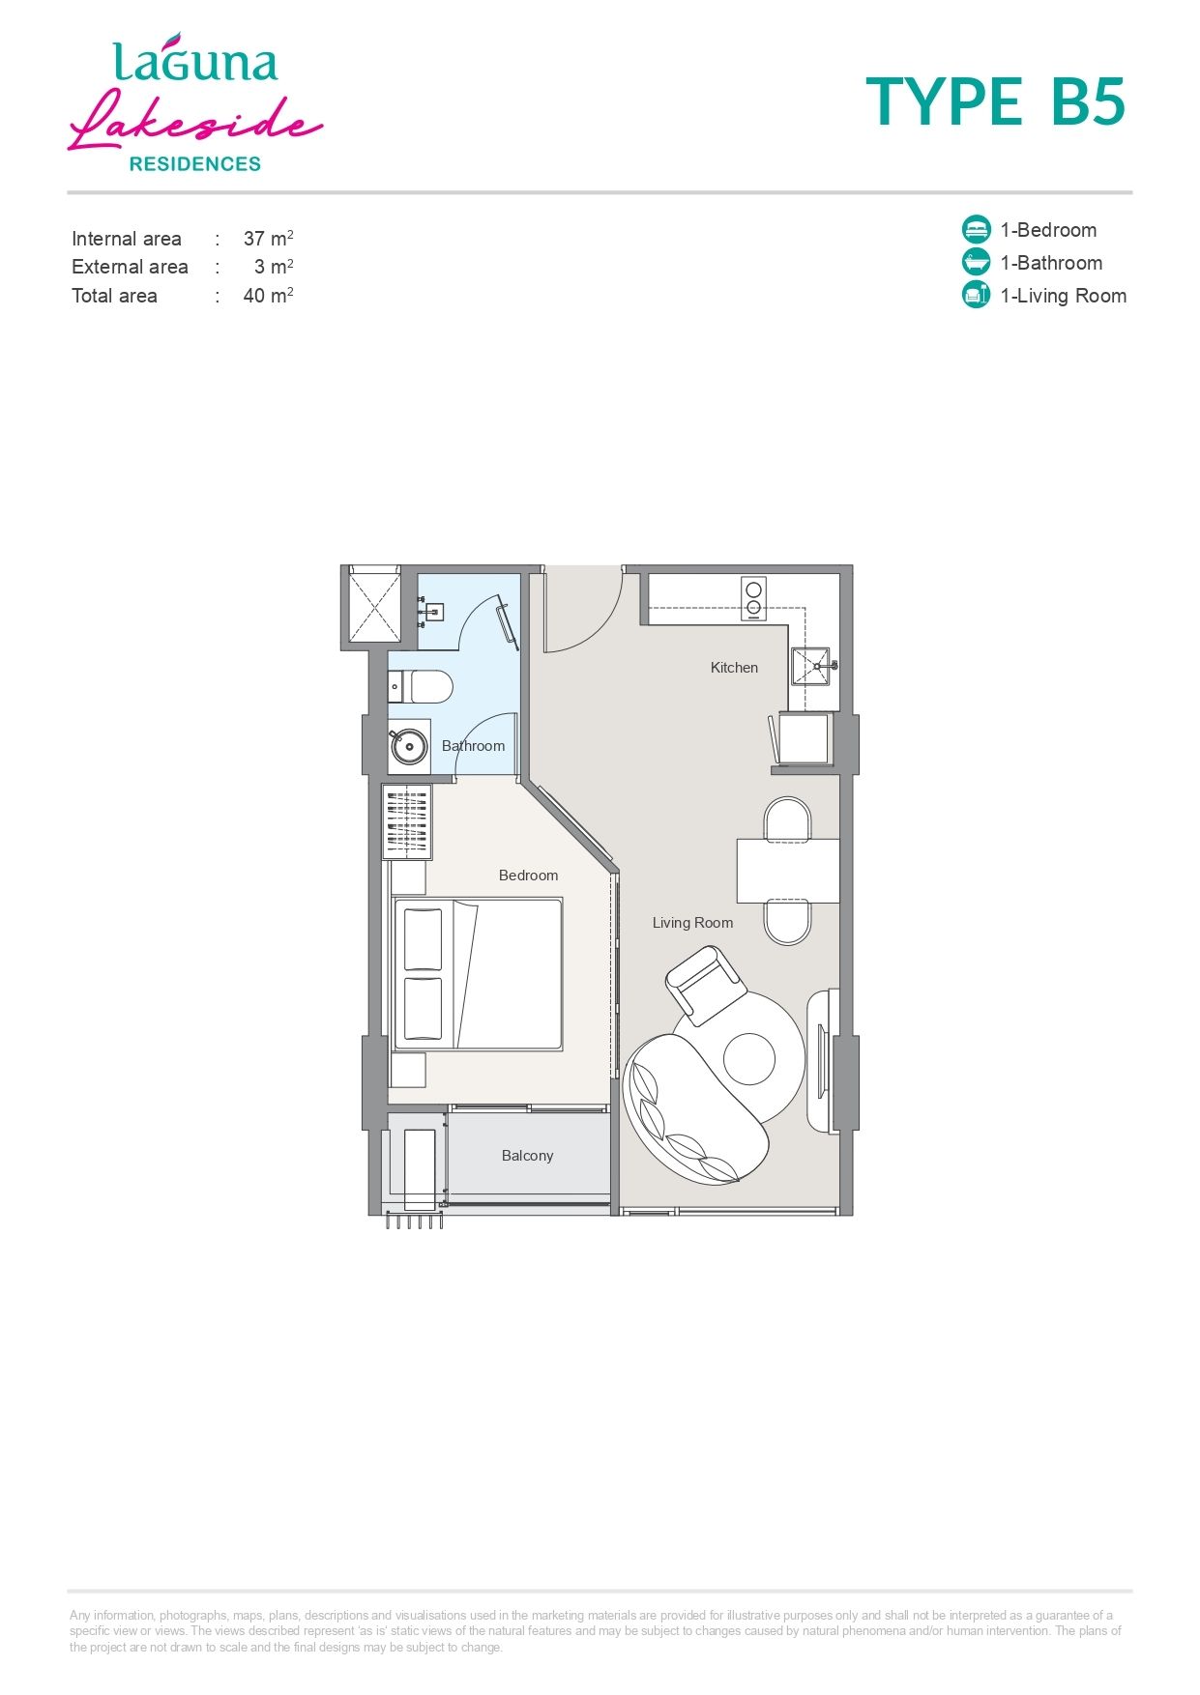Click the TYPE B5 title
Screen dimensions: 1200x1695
[996, 101]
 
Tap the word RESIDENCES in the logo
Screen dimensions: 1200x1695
[195, 164]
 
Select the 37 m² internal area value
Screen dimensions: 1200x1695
[268, 238]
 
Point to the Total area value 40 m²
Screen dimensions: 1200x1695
[268, 295]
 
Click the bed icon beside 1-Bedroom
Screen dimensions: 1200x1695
[977, 229]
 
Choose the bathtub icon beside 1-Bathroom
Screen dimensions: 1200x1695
[977, 262]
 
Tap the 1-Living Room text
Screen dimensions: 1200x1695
[1063, 296]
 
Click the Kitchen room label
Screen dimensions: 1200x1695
[734, 668]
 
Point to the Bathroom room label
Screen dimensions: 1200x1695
[473, 746]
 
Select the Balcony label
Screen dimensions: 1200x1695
[527, 1156]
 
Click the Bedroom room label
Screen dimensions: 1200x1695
[528, 876]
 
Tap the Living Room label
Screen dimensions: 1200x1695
[692, 923]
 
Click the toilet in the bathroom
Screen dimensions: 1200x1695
[421, 687]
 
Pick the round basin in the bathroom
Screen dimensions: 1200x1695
[409, 746]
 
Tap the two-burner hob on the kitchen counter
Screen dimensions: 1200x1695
[753, 598]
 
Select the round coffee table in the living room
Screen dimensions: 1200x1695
[749, 1058]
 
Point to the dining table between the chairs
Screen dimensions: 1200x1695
[788, 871]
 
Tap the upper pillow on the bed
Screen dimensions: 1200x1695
[423, 939]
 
